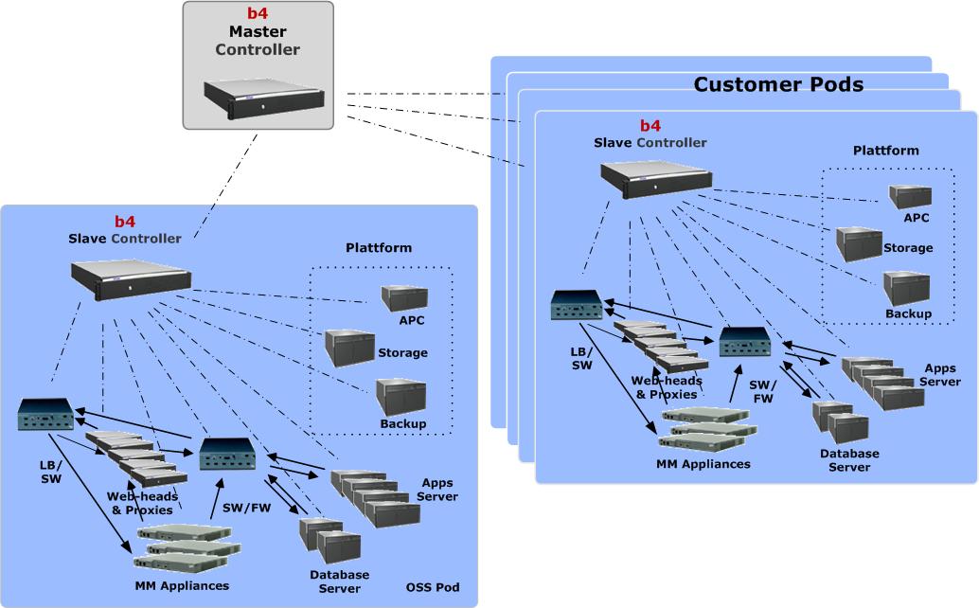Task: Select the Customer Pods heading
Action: (778, 84)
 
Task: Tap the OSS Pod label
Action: (433, 588)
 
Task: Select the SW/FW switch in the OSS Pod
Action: (225, 456)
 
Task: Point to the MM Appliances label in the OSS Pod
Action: (182, 586)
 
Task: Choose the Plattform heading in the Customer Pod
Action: (885, 151)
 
